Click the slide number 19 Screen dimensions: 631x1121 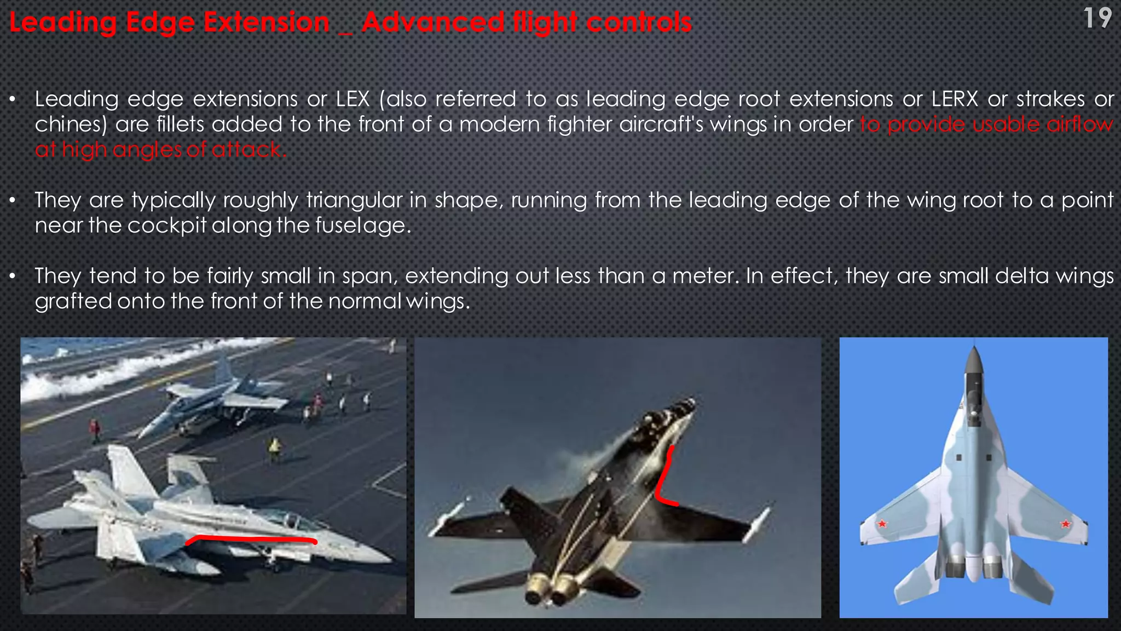pos(1097,19)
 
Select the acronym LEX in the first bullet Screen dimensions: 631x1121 pos(353,99)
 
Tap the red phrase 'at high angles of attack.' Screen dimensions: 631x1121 pos(160,150)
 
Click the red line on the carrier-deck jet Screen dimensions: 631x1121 pos(252,539)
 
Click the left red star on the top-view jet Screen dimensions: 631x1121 pos(882,524)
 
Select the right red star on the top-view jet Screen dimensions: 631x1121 pos(1065,524)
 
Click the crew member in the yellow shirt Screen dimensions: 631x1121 pos(274,448)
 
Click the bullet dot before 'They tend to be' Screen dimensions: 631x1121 pos(13,277)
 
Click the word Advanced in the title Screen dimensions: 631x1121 pos(432,23)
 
